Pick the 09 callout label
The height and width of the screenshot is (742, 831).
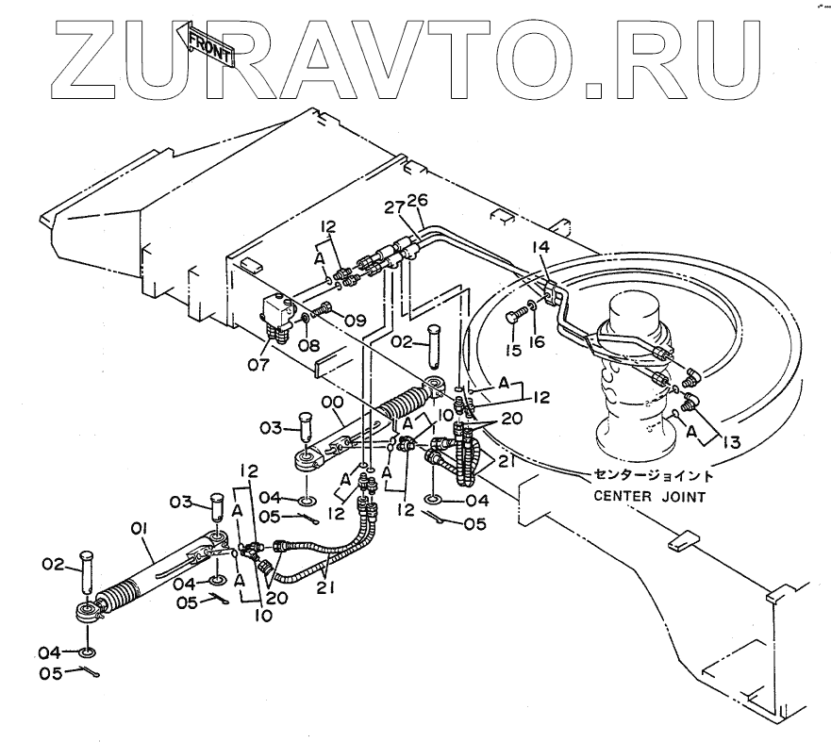click(x=355, y=321)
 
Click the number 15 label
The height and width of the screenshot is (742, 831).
click(x=515, y=351)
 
